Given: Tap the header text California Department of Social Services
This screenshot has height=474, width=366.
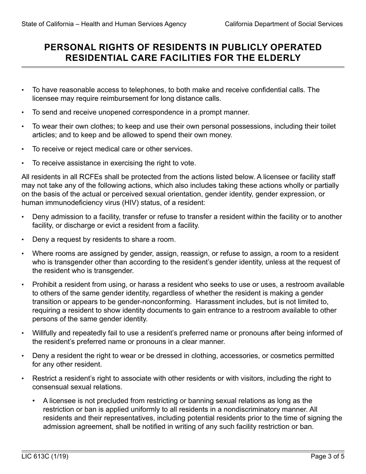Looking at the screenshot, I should pyautogui.click(x=284, y=24).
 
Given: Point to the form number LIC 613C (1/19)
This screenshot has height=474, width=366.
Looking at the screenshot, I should pyautogui.click(x=45, y=457).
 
